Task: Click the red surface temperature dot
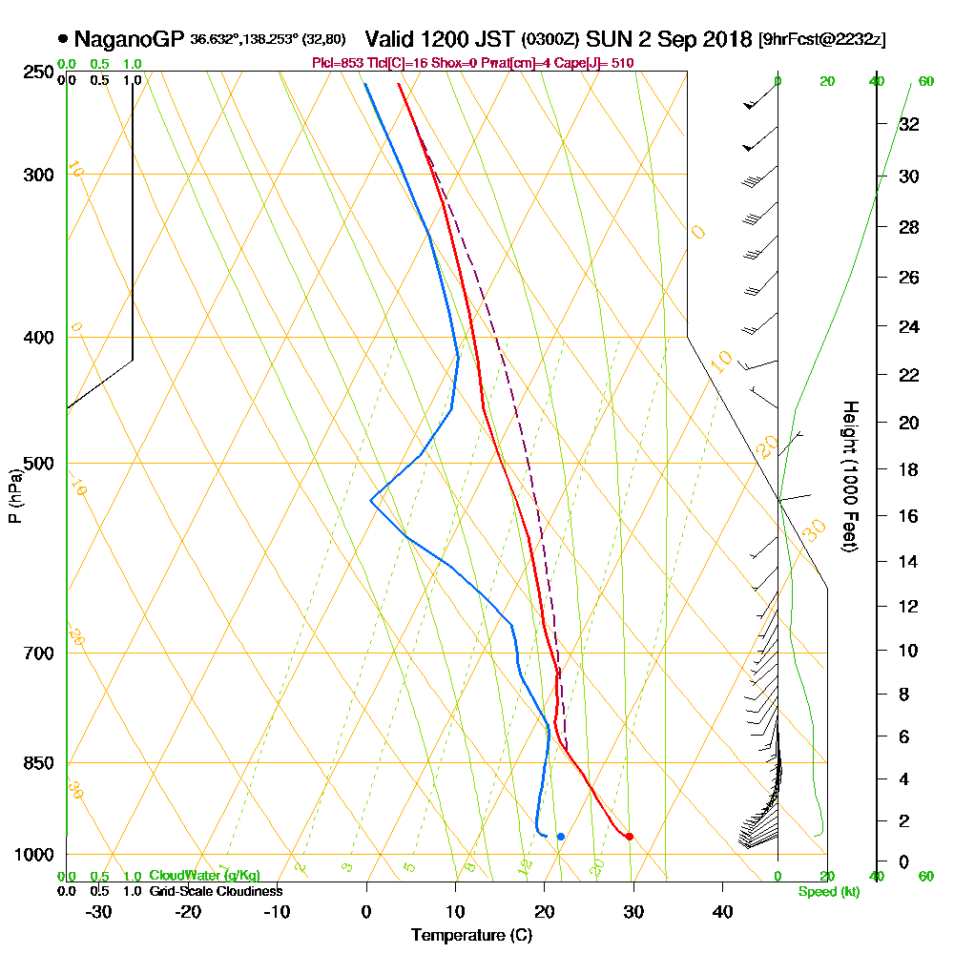629,837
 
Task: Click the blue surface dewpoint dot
561,837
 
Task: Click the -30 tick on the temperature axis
99,911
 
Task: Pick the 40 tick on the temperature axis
722,911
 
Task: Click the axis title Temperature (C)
471,936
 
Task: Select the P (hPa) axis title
14,496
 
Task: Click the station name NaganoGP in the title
129,40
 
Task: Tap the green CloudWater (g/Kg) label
204,876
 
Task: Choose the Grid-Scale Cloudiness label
216,891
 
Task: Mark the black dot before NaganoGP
63,40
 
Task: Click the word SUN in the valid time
609,40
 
